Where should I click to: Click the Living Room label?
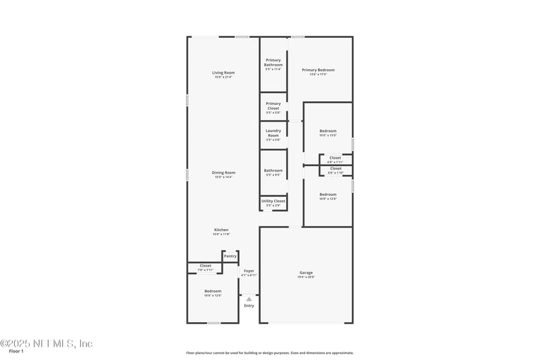223,72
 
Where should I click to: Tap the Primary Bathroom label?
273,62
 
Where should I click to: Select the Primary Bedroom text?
318,70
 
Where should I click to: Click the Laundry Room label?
273,132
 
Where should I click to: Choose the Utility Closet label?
273,201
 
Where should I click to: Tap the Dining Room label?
223,172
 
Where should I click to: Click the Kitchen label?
221,230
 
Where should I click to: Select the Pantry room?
230,257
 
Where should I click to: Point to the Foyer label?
249,271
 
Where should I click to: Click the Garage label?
306,272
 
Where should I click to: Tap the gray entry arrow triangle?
249,299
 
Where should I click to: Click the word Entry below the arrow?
249,306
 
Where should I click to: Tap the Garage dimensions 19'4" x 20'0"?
306,277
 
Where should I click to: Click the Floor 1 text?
16,351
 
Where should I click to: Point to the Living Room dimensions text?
223,77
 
